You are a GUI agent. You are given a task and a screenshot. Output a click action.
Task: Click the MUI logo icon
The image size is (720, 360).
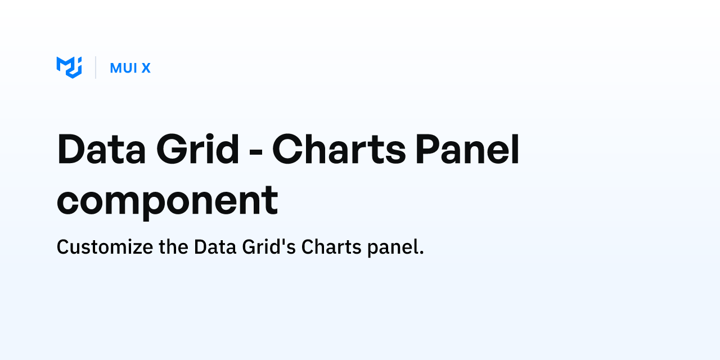[69, 67]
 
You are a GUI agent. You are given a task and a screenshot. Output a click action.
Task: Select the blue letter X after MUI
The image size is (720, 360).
[146, 68]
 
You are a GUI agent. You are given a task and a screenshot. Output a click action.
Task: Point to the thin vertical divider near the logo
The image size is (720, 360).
[96, 67]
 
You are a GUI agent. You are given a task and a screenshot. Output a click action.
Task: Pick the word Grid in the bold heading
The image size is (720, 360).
[198, 149]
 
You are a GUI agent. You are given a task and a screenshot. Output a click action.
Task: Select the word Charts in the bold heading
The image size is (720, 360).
[339, 149]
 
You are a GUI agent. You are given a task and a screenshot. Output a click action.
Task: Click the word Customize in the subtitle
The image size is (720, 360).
[104, 247]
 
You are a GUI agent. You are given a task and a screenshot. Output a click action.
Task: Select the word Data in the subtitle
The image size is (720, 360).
[213, 247]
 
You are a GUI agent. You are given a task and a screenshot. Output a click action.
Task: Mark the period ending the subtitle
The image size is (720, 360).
[421, 253]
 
